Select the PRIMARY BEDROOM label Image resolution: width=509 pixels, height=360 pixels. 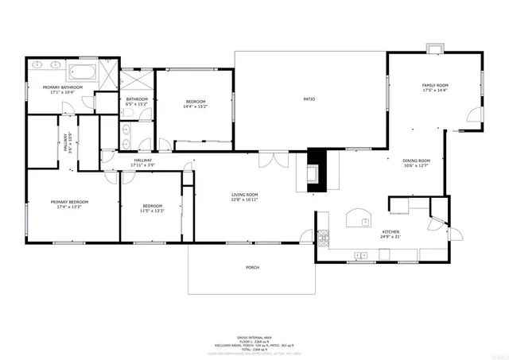tap(69, 205)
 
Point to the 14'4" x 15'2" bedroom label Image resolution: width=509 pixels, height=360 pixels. tap(196, 103)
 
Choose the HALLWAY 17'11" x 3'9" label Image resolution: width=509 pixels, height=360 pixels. tap(143, 162)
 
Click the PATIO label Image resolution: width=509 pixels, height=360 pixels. tap(309, 99)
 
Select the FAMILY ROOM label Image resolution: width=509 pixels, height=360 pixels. tap(435, 87)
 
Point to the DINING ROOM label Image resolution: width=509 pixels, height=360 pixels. tap(416, 163)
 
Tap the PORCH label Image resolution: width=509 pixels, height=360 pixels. tap(252, 268)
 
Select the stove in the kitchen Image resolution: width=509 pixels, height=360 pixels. tap(323, 238)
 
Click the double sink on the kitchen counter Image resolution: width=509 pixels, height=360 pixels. tap(361, 255)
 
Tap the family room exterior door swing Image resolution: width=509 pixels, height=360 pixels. tap(475, 117)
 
